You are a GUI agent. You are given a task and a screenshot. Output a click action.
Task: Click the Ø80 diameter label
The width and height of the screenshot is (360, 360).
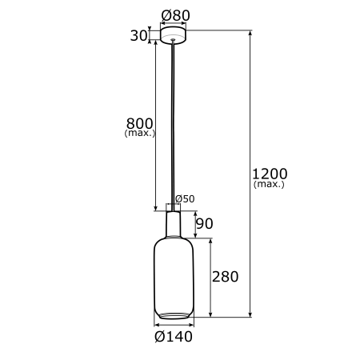(x=175, y=15)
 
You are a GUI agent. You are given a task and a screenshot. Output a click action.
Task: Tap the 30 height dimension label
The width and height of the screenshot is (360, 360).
(x=138, y=35)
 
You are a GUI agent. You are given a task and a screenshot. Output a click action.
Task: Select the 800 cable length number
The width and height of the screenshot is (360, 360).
(x=139, y=123)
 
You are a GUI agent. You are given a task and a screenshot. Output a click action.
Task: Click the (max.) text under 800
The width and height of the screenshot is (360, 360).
(x=140, y=133)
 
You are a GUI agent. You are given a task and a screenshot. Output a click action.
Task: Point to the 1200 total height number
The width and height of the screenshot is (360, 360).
(x=270, y=174)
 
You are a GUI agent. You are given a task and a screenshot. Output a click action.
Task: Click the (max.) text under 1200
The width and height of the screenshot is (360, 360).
(x=269, y=184)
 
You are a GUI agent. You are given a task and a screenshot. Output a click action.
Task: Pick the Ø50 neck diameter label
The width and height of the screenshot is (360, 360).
(x=185, y=198)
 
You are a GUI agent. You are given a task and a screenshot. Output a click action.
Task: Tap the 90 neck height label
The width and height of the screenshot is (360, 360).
(x=205, y=223)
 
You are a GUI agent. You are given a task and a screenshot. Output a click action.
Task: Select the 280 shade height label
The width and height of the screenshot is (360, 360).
(x=225, y=277)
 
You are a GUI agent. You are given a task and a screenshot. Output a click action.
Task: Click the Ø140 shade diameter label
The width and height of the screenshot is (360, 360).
(x=174, y=337)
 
